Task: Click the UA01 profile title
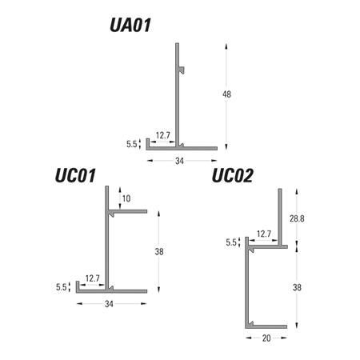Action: pyautogui.click(x=130, y=25)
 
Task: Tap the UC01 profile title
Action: pyautogui.click(x=75, y=175)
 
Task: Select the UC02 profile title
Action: pyautogui.click(x=232, y=175)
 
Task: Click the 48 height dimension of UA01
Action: pyautogui.click(x=226, y=94)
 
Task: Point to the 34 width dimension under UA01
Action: pyautogui.click(x=179, y=161)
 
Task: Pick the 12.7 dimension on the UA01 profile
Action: pyautogui.click(x=162, y=135)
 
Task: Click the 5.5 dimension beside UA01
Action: pyautogui.click(x=131, y=144)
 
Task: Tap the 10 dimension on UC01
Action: pyautogui.click(x=126, y=198)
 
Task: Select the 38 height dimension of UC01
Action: pyautogui.click(x=159, y=251)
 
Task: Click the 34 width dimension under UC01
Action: pyautogui.click(x=109, y=304)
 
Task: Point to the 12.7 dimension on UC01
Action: pyautogui.click(x=92, y=278)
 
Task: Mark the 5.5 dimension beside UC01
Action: pyautogui.click(x=61, y=287)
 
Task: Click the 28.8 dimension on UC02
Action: pyautogui.click(x=297, y=218)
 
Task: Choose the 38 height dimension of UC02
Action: pyautogui.click(x=297, y=287)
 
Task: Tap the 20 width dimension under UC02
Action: pyautogui.click(x=266, y=338)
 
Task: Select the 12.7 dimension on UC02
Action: pyautogui.click(x=264, y=234)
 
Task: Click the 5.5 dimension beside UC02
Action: pyautogui.click(x=231, y=242)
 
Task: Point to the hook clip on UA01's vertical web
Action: pyautogui.click(x=182, y=70)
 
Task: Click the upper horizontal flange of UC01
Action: pyautogui.click(x=128, y=211)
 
